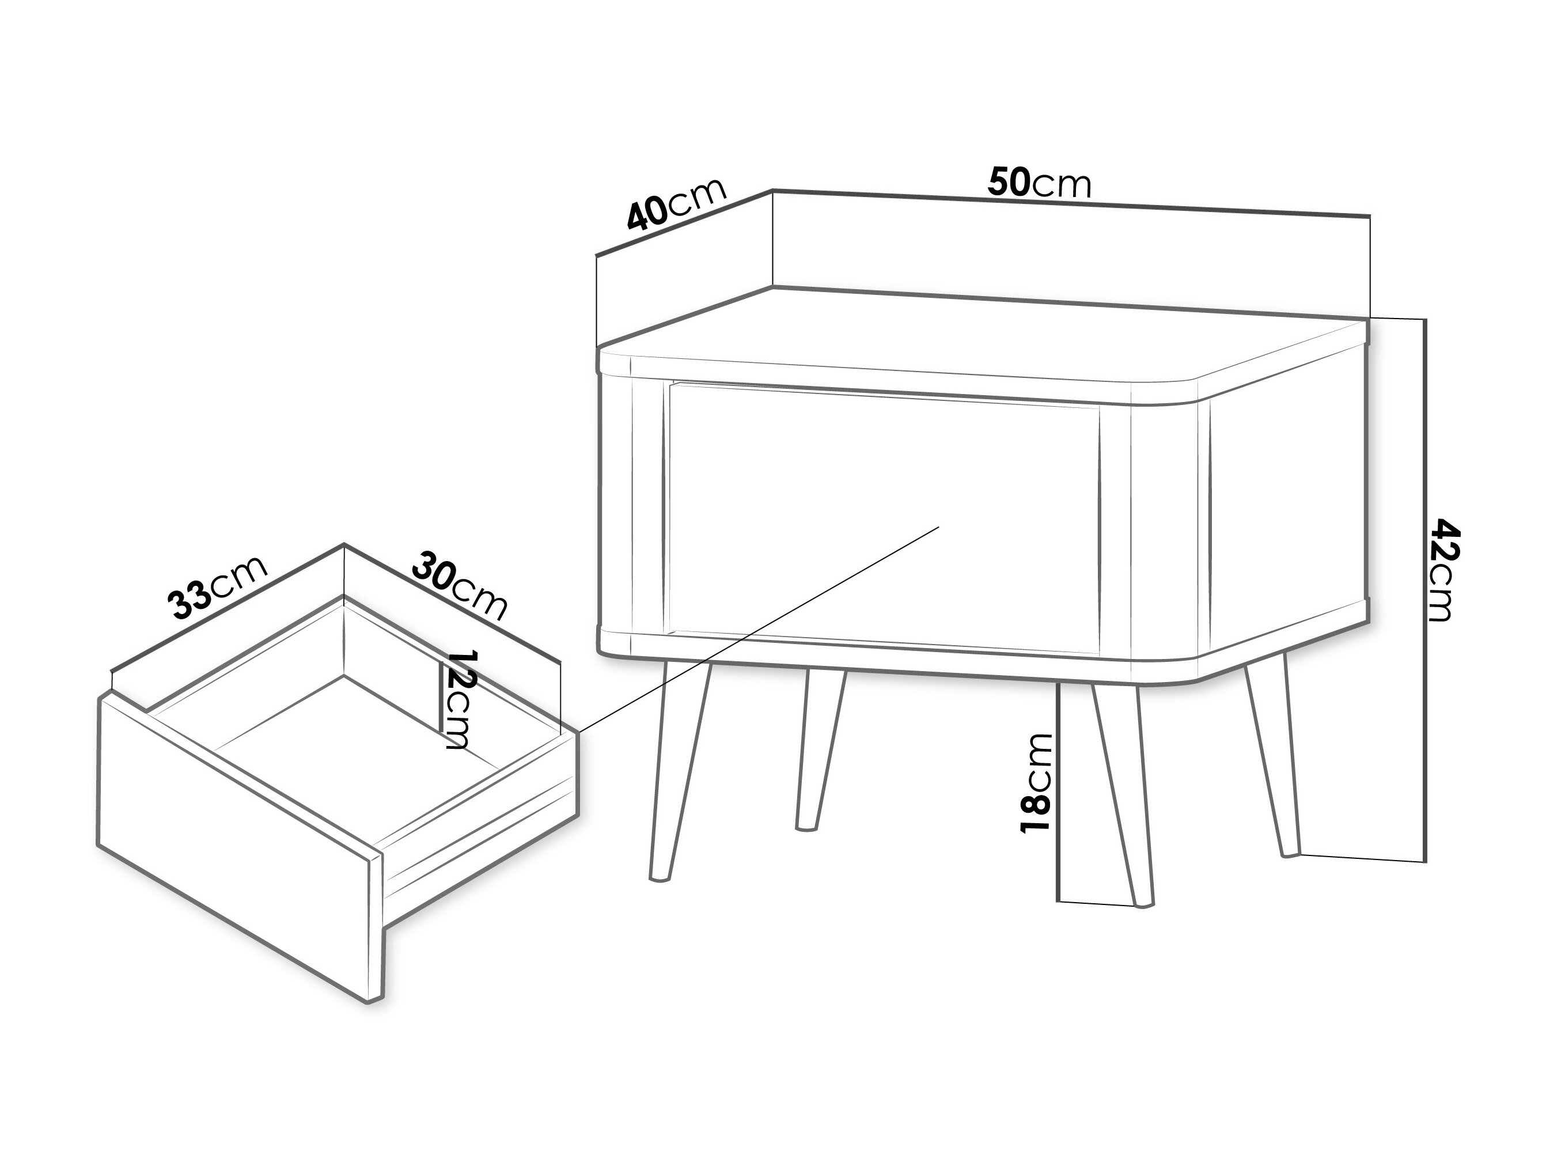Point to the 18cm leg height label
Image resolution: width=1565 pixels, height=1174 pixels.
coord(1036,781)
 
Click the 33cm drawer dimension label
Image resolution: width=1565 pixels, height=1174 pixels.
coord(218,588)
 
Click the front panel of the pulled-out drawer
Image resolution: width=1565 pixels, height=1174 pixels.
coord(241,845)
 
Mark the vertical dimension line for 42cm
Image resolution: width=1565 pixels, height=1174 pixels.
coord(1423,591)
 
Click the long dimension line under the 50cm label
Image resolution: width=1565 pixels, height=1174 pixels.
coord(1071,202)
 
